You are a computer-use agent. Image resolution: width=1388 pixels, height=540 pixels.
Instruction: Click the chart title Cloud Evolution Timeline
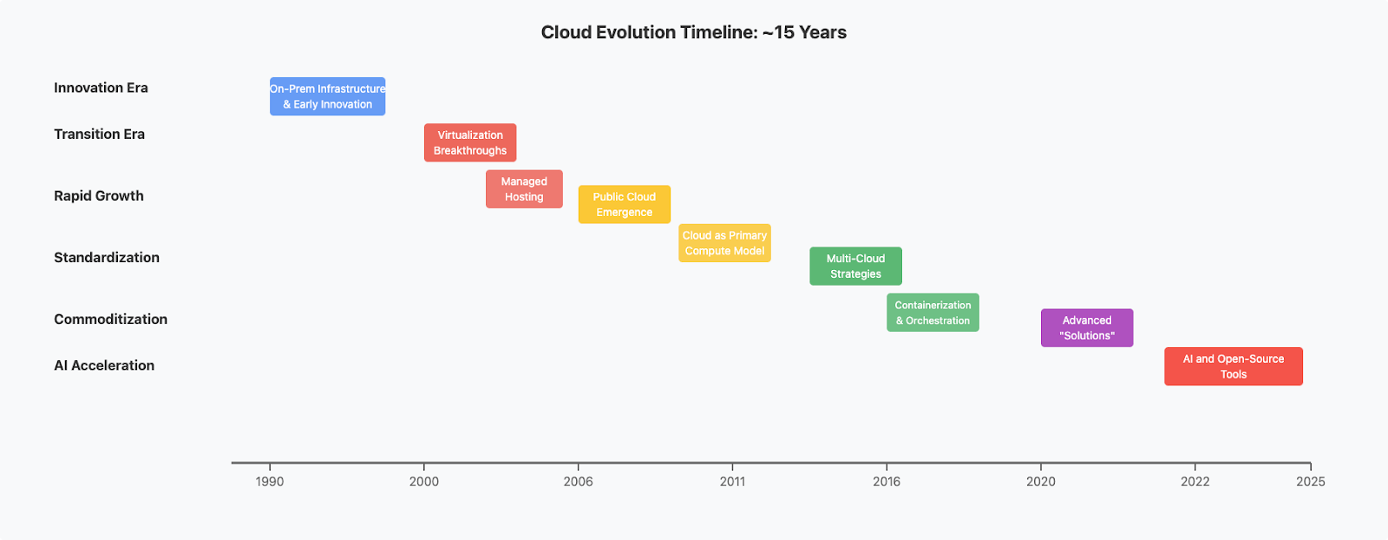tap(693, 32)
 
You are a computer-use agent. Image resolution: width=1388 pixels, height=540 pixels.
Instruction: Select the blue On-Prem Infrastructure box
tap(327, 96)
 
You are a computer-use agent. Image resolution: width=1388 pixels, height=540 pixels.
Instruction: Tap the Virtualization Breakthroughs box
tap(469, 142)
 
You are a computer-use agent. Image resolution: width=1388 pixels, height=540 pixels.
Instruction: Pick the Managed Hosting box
tap(524, 189)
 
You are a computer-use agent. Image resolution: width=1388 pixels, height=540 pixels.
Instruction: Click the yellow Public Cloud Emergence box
tap(624, 204)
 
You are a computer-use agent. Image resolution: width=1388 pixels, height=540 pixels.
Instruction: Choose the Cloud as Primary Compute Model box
tap(724, 243)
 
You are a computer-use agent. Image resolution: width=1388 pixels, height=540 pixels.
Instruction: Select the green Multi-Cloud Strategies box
tap(855, 266)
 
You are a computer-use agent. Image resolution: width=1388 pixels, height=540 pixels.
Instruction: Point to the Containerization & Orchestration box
tap(933, 313)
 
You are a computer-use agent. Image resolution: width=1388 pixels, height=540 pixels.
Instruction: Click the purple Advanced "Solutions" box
tap(1087, 328)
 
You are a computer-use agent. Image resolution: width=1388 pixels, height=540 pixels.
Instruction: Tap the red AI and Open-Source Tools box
tap(1233, 366)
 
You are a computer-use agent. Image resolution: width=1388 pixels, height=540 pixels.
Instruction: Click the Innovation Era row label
tap(101, 88)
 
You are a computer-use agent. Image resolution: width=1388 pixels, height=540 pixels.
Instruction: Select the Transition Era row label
tap(99, 135)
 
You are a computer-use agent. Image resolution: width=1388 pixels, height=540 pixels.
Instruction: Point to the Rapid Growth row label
tap(99, 196)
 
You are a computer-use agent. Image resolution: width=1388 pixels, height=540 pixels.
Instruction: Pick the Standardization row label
tap(107, 258)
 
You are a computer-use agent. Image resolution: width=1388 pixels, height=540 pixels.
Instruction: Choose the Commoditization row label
tap(110, 319)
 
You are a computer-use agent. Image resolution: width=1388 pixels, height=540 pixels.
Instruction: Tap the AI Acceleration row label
tap(104, 365)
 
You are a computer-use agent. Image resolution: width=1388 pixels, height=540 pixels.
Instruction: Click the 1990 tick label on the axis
tap(270, 482)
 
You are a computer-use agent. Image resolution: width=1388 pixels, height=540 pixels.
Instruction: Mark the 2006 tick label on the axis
tap(578, 482)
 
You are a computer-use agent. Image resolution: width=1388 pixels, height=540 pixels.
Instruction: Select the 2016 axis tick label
tap(887, 482)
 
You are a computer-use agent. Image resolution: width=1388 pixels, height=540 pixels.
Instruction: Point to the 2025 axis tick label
tap(1311, 482)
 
